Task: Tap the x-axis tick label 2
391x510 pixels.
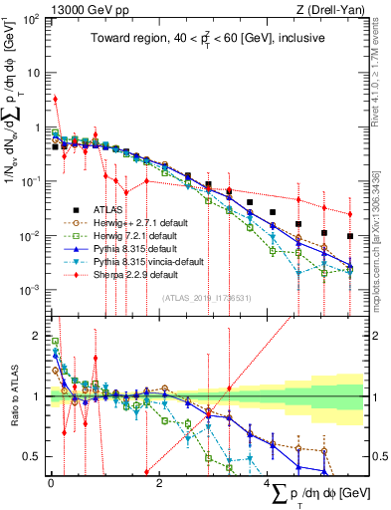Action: tap(160, 481)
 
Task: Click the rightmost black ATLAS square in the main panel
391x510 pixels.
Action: tap(349, 237)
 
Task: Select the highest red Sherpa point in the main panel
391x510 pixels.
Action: tap(56, 99)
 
